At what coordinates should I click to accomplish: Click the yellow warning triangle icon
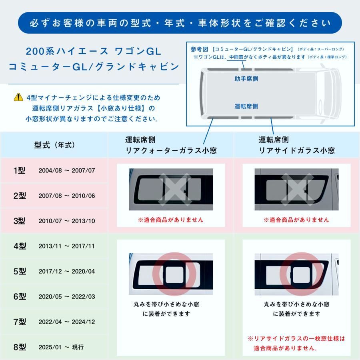(18, 97)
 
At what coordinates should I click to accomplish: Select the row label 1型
(20, 170)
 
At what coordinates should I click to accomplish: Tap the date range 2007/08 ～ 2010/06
(67, 196)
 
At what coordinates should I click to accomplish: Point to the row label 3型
(20, 221)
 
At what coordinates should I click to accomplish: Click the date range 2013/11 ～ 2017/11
(67, 246)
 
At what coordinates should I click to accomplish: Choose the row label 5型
(20, 271)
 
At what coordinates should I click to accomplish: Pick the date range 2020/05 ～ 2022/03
(67, 296)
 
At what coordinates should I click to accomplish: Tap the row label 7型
(20, 322)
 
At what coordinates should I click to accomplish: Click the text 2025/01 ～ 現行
(61, 347)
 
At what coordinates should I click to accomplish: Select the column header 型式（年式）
(54, 145)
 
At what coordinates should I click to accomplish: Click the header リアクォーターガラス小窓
(171, 150)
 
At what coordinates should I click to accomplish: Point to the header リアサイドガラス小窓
(297, 150)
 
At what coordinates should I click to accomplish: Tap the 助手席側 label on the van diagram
(246, 79)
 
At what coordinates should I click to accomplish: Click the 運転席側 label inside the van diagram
(246, 106)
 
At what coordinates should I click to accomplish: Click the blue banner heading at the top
(180, 23)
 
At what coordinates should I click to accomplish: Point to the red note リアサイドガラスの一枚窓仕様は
(296, 338)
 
